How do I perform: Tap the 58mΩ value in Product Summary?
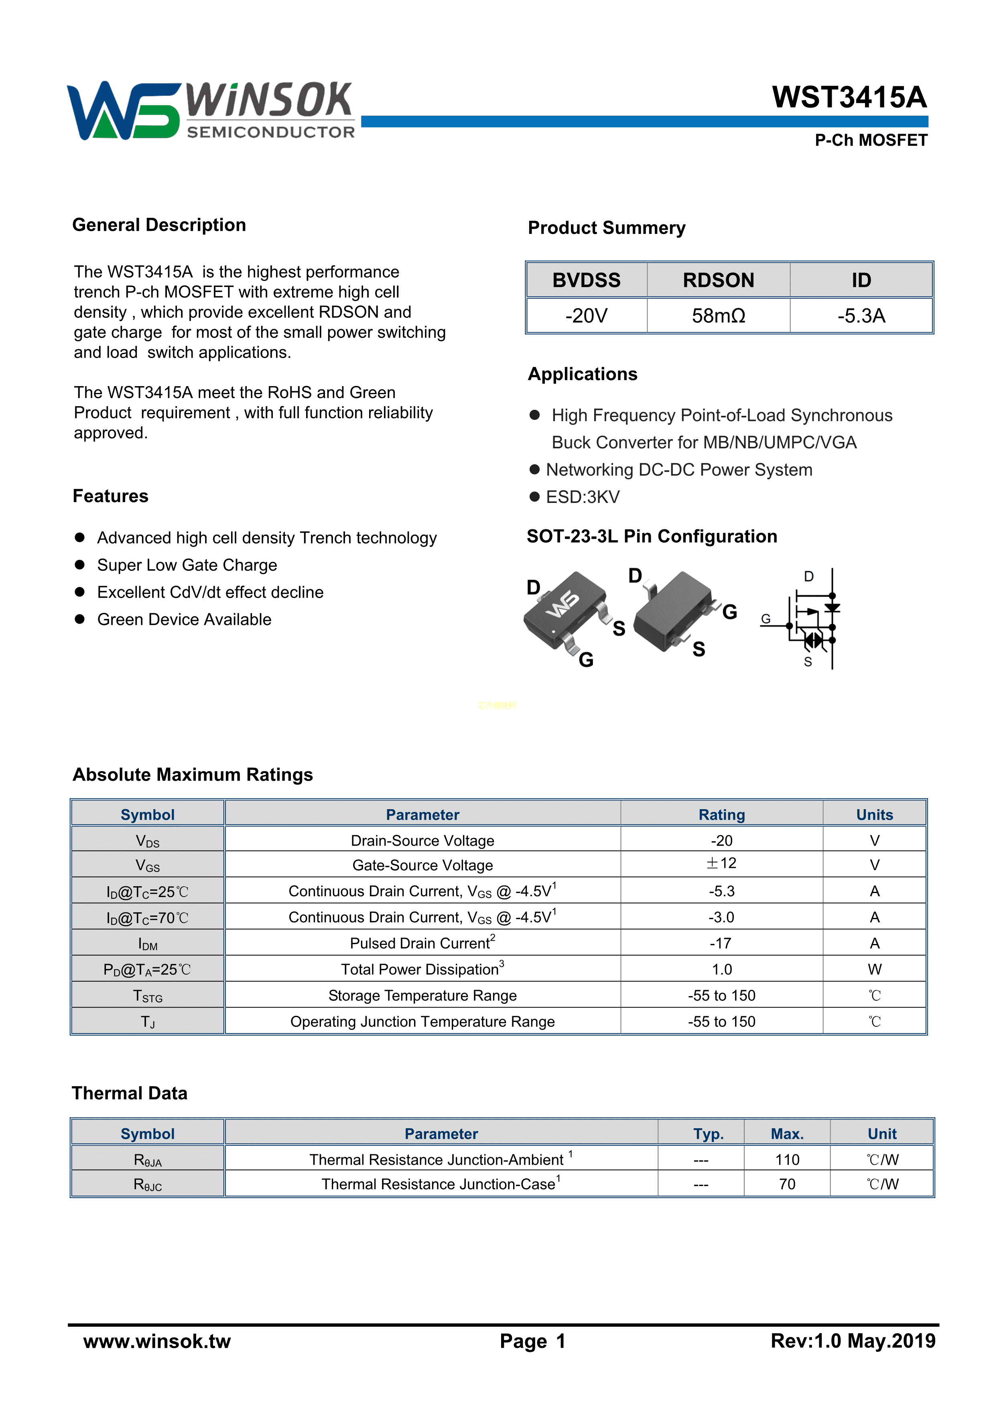click(719, 316)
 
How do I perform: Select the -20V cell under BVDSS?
click(586, 316)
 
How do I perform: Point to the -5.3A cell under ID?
click(861, 316)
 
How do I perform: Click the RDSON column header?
click(719, 280)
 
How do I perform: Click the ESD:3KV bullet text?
click(583, 497)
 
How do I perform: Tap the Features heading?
click(110, 496)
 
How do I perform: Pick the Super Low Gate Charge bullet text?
click(187, 565)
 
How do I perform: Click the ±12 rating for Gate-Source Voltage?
click(721, 863)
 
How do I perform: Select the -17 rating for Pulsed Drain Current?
click(721, 943)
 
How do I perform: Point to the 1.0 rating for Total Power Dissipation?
click(721, 970)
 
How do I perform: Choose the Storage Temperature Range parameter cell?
click(422, 995)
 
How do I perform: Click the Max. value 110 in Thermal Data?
click(787, 1160)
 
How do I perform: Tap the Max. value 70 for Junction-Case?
click(787, 1184)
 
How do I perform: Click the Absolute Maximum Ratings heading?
click(193, 775)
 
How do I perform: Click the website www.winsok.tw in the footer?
click(157, 1341)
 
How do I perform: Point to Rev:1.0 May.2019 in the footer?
click(853, 1341)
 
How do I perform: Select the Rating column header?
click(721, 815)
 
